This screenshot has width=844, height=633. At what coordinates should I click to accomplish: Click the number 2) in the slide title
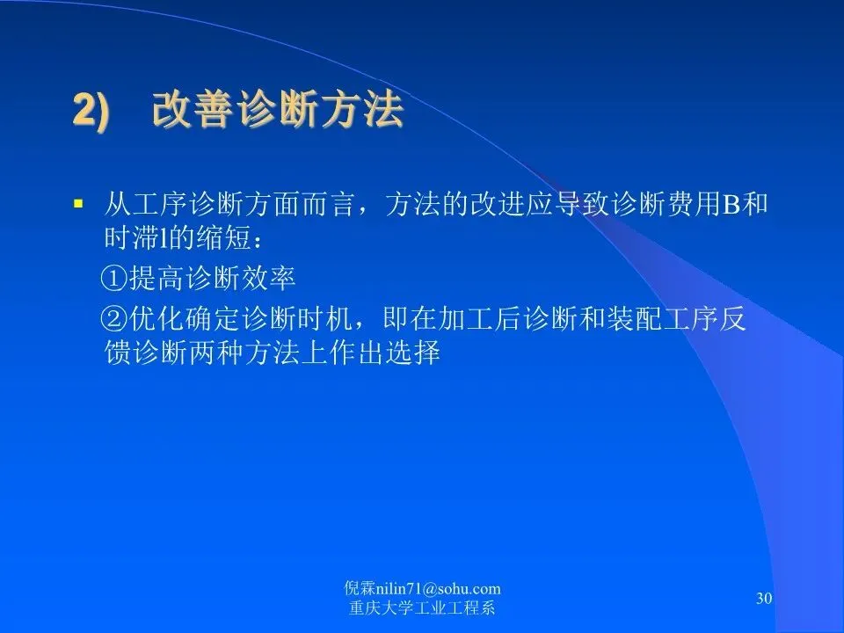tap(91, 111)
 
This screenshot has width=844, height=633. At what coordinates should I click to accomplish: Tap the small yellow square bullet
tap(78, 204)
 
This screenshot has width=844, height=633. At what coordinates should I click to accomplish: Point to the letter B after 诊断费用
tap(731, 204)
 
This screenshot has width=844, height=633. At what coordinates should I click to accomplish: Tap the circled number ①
tap(114, 279)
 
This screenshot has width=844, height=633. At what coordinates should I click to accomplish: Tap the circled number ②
tap(114, 320)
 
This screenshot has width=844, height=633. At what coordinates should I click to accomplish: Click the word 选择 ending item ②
tap(413, 353)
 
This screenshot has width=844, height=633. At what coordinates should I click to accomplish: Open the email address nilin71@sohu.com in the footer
tap(438, 589)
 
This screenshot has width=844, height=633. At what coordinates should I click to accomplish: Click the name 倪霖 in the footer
tap(360, 589)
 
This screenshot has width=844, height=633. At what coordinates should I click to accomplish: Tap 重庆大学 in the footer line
tap(381, 608)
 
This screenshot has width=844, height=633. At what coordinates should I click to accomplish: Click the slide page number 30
tap(764, 598)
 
